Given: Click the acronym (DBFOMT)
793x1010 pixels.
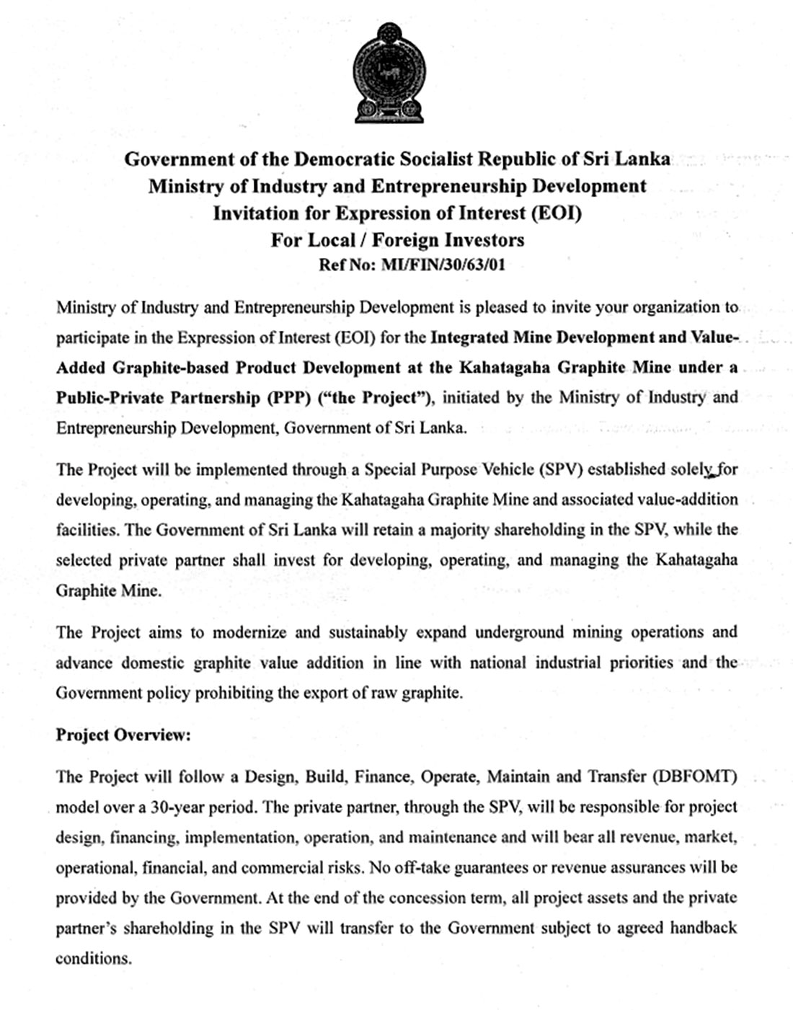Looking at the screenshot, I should tap(694, 776).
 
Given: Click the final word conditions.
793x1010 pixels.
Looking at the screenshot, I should tap(93, 959).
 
